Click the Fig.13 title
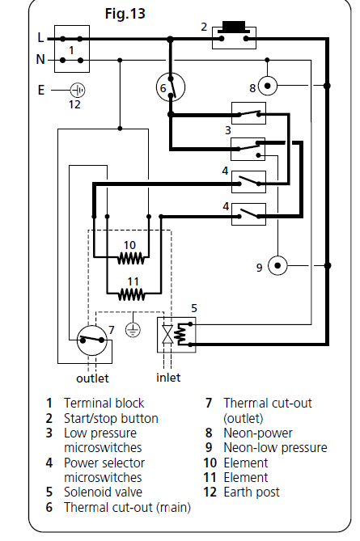[x=125, y=14]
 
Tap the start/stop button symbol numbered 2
[x=234, y=36]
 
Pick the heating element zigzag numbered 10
[x=131, y=258]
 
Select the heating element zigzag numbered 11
[x=131, y=294]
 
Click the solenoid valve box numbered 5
[x=176, y=335]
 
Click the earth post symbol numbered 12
[x=78, y=91]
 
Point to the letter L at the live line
[x=40, y=38]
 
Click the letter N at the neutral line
[x=40, y=60]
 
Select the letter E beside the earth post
[x=41, y=91]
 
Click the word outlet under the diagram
[x=92, y=378]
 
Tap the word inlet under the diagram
[x=168, y=378]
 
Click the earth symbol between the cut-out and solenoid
[x=133, y=330]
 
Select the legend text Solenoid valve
[x=103, y=492]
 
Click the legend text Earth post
[x=252, y=492]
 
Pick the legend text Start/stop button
[x=111, y=419]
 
